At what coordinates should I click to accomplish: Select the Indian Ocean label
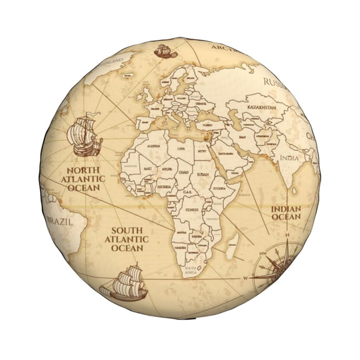[x=286, y=212]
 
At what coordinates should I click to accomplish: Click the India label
[x=288, y=157]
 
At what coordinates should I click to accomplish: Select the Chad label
[x=183, y=171]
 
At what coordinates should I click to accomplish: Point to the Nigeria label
[x=164, y=186]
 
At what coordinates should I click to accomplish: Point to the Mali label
[x=147, y=169]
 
